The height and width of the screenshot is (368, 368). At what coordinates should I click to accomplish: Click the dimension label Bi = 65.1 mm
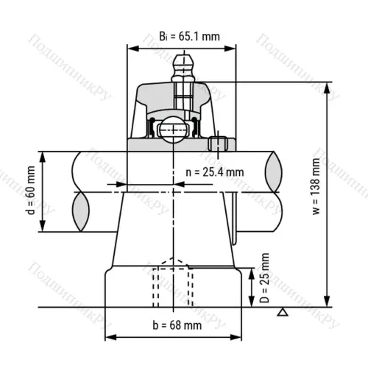tap(189, 36)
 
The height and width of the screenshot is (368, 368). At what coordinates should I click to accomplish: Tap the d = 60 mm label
tap(31, 191)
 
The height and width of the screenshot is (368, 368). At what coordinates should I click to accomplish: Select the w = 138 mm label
tap(316, 186)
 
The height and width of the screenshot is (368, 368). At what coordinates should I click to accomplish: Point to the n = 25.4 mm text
tap(215, 172)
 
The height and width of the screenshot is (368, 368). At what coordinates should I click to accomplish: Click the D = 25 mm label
tap(264, 278)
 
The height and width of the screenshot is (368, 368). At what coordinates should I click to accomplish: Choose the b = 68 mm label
tap(177, 325)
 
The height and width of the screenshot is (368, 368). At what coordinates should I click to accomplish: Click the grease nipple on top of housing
tap(183, 68)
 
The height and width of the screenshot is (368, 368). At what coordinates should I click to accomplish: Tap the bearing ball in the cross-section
tap(173, 130)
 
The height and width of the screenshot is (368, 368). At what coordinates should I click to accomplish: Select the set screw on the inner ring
tap(218, 144)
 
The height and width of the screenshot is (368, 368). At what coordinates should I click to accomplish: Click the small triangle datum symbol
tap(283, 312)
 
